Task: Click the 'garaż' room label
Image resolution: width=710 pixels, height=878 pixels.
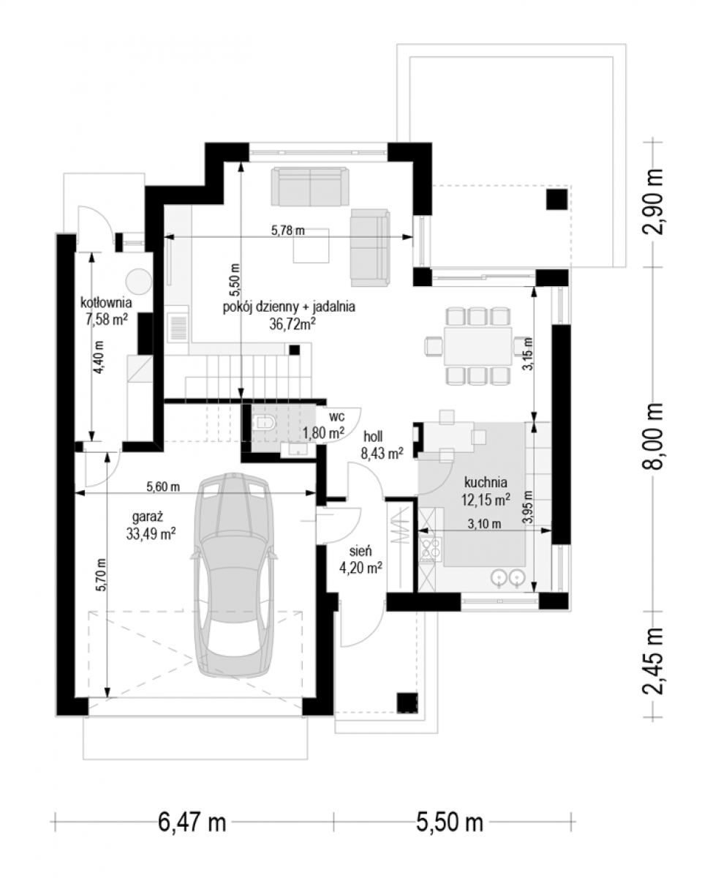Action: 148,517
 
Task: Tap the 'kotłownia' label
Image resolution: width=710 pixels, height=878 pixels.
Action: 106,303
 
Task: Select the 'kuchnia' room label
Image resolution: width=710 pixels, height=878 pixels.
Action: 486,482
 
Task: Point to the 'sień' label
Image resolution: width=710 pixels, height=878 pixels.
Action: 360,551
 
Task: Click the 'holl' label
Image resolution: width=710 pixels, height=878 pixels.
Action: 373,436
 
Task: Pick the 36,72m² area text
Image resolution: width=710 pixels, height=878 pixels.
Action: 292,324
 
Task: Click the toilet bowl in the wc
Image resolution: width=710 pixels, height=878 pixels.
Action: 265,422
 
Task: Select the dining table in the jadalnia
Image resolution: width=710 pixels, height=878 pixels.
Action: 477,345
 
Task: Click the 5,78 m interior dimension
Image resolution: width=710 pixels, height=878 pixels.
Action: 288,230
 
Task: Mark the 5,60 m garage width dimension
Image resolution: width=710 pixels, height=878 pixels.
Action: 163,487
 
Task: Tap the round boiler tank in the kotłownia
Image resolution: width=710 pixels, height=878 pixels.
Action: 138,282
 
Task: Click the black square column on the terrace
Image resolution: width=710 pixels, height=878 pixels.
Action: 556,200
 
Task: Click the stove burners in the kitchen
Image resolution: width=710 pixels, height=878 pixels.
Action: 431,550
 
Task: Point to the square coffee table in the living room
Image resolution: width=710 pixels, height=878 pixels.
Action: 311,245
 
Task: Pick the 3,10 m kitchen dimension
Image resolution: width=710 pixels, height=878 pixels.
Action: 484,525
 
